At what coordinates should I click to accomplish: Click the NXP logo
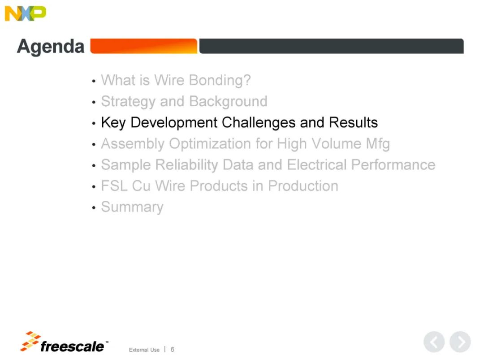(x=25, y=13)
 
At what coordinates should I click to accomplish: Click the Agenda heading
(x=51, y=47)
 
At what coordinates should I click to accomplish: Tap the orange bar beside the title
(x=143, y=46)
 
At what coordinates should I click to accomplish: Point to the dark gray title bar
(x=331, y=46)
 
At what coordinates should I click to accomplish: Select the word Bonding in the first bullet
(x=220, y=80)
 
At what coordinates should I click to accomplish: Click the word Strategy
(x=128, y=102)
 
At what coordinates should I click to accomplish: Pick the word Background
(x=228, y=101)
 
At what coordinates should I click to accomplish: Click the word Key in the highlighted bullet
(x=113, y=123)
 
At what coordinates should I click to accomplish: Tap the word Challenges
(x=259, y=123)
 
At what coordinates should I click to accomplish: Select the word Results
(x=353, y=122)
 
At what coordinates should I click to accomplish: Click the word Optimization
(x=219, y=144)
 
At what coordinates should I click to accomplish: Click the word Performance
(x=393, y=164)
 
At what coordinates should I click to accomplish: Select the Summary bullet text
(x=132, y=207)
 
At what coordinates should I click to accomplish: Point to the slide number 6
(x=172, y=350)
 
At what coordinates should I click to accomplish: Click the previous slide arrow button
(x=434, y=342)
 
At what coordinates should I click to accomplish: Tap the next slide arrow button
(x=460, y=342)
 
